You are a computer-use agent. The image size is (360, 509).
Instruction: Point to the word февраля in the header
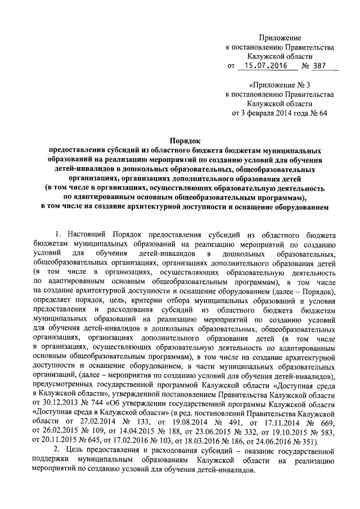[x=257, y=113]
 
